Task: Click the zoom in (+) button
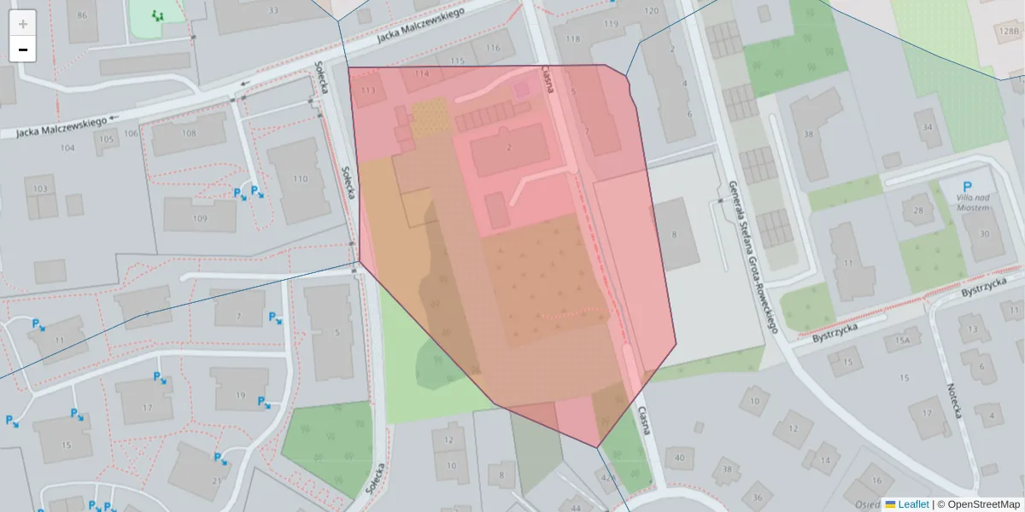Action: pyautogui.click(x=23, y=24)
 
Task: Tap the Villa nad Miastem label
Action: pyautogui.click(x=967, y=202)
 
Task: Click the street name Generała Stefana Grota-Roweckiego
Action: pyautogui.click(x=751, y=256)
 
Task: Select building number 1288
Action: pyautogui.click(x=1008, y=31)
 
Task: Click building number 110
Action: pyautogui.click(x=299, y=178)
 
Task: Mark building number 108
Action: pyautogui.click(x=189, y=133)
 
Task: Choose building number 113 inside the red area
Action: pyautogui.click(x=369, y=90)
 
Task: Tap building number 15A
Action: pyautogui.click(x=903, y=342)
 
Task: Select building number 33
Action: pyautogui.click(x=273, y=10)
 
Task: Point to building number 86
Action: pyautogui.click(x=82, y=15)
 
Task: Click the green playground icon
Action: pyautogui.click(x=156, y=15)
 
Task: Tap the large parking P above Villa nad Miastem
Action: pyautogui.click(x=967, y=187)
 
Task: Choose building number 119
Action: pyautogui.click(x=610, y=24)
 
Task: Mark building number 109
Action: pyautogui.click(x=200, y=218)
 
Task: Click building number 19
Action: pyautogui.click(x=240, y=395)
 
